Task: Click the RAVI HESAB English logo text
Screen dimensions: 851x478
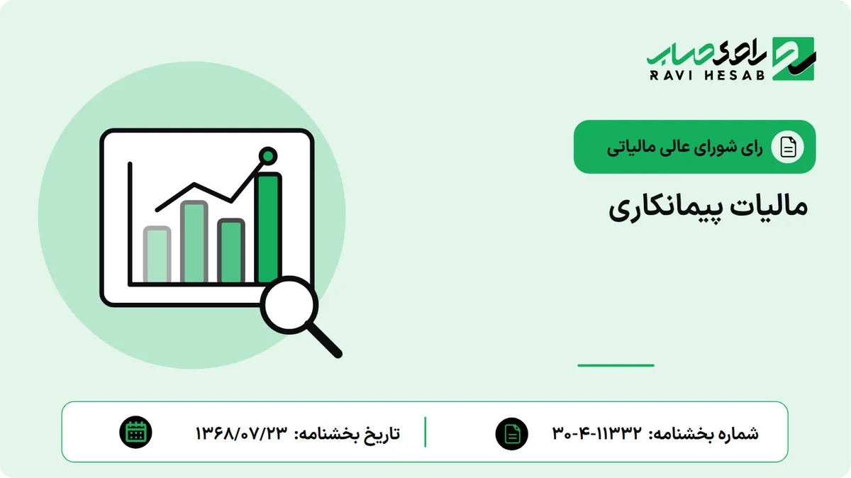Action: tap(707, 75)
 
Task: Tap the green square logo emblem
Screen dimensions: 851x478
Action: tap(794, 59)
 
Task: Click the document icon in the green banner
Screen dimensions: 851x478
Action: tap(788, 147)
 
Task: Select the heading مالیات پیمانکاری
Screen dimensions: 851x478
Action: tap(708, 209)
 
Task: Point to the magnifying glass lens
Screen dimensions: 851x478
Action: tap(289, 305)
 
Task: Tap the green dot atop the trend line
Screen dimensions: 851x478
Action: tap(268, 156)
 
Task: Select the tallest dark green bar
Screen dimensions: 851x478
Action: tap(269, 227)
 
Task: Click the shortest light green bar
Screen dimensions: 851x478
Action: tap(157, 254)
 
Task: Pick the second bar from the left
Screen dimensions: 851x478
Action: tap(194, 242)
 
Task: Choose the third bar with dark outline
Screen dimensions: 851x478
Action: tap(231, 251)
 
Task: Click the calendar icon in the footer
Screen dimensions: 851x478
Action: tap(135, 433)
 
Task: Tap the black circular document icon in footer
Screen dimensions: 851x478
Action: tap(512, 433)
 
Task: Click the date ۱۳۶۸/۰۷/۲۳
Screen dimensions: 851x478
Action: tap(242, 433)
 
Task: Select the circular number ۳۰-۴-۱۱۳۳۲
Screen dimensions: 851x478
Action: tap(597, 433)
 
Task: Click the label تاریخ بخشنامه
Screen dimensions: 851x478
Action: tap(347, 433)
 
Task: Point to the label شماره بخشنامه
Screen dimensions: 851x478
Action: tap(703, 434)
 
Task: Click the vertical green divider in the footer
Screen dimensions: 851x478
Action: tap(425, 432)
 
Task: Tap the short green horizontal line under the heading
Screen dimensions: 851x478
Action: tap(616, 365)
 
